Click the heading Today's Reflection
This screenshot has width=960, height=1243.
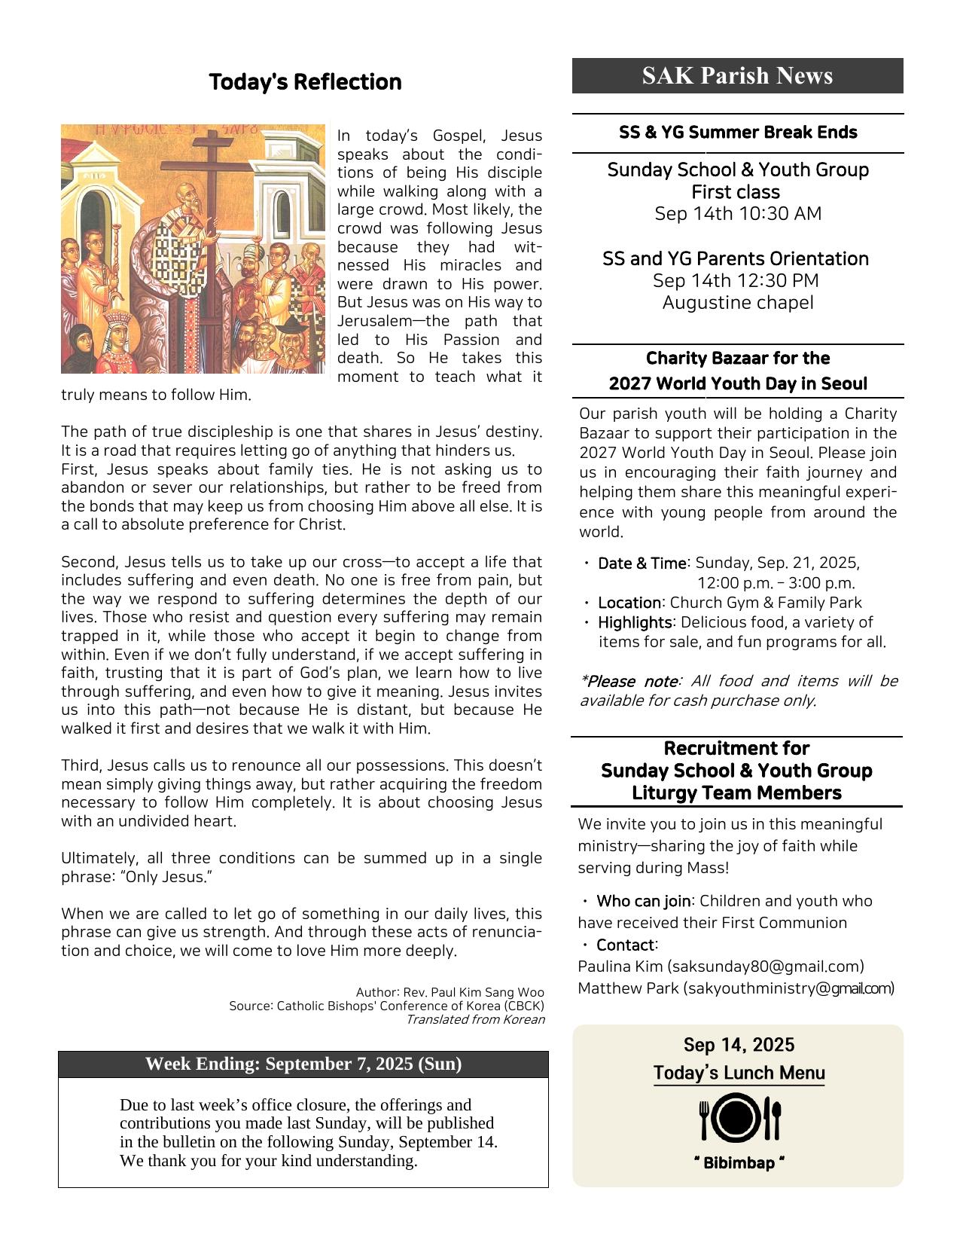(305, 82)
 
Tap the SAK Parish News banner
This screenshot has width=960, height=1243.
(737, 76)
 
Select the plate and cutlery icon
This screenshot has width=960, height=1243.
(739, 1118)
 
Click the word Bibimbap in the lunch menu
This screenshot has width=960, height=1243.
(739, 1163)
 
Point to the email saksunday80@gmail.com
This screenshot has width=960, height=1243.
(766, 967)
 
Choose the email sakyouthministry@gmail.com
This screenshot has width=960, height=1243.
(788, 988)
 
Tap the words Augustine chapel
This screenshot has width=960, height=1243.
(738, 303)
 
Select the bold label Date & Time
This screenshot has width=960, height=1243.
(642, 563)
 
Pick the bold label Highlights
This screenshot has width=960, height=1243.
(635, 622)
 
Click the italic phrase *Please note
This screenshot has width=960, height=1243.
(629, 681)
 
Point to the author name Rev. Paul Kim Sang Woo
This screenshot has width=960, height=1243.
(474, 992)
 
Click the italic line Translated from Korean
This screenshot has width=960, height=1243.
(475, 1020)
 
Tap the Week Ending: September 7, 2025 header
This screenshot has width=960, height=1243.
(303, 1064)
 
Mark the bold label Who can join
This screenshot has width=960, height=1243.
(643, 901)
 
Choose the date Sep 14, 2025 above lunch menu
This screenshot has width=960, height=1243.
(739, 1045)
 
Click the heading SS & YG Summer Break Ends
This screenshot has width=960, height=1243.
(738, 133)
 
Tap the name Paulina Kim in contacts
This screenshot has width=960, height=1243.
(620, 967)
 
